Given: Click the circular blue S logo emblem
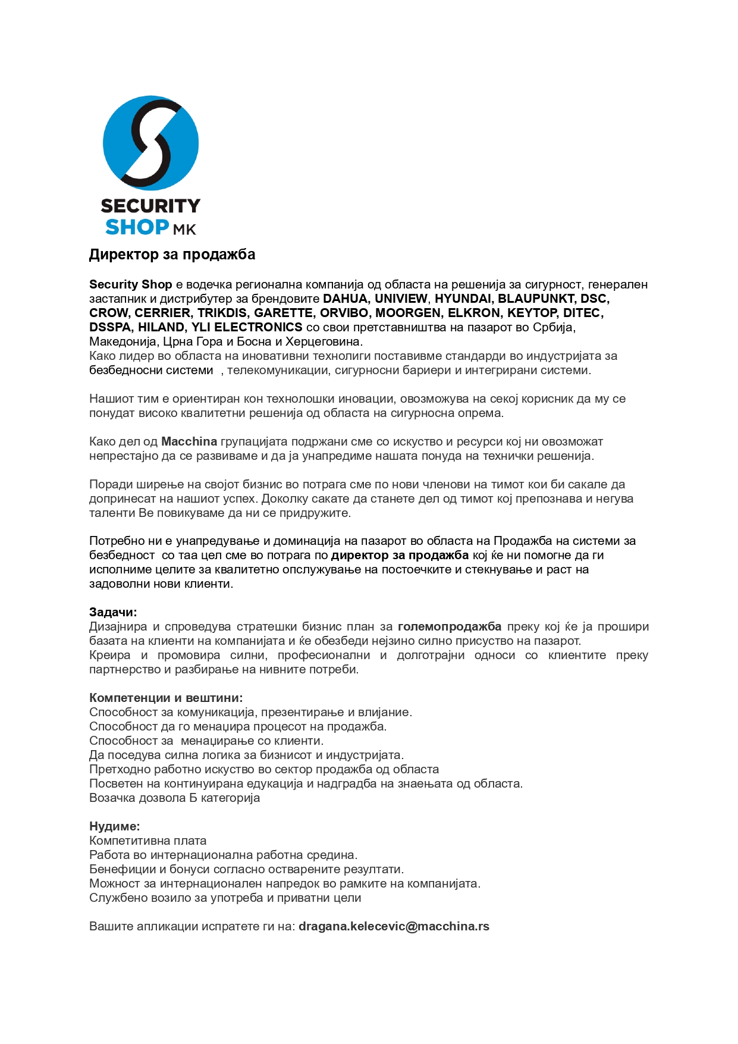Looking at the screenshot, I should tap(150, 143).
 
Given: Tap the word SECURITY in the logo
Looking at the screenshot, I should tap(150, 206).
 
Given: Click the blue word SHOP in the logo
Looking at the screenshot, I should tap(137, 227).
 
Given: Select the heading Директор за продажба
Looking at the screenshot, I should tap(172, 255).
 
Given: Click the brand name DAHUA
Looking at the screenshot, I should tap(345, 299).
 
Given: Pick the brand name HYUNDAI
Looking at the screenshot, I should tap(463, 299).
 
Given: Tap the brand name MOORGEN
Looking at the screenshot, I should tap(408, 313).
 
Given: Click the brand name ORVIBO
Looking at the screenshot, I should tap(344, 313).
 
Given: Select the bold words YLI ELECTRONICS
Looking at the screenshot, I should tap(247, 327).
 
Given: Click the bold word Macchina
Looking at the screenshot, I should tap(189, 441).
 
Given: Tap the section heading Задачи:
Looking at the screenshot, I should tap(113, 612).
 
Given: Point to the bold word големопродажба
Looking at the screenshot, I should tap(450, 626).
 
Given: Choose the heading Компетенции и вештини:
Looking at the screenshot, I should tap(166, 698).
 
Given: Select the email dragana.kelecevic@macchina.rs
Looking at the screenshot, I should tap(394, 926).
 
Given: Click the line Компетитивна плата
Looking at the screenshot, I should tap(148, 841).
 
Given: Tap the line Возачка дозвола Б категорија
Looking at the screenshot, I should tap(174, 798).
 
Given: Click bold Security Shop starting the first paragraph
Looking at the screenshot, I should tap(131, 284).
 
